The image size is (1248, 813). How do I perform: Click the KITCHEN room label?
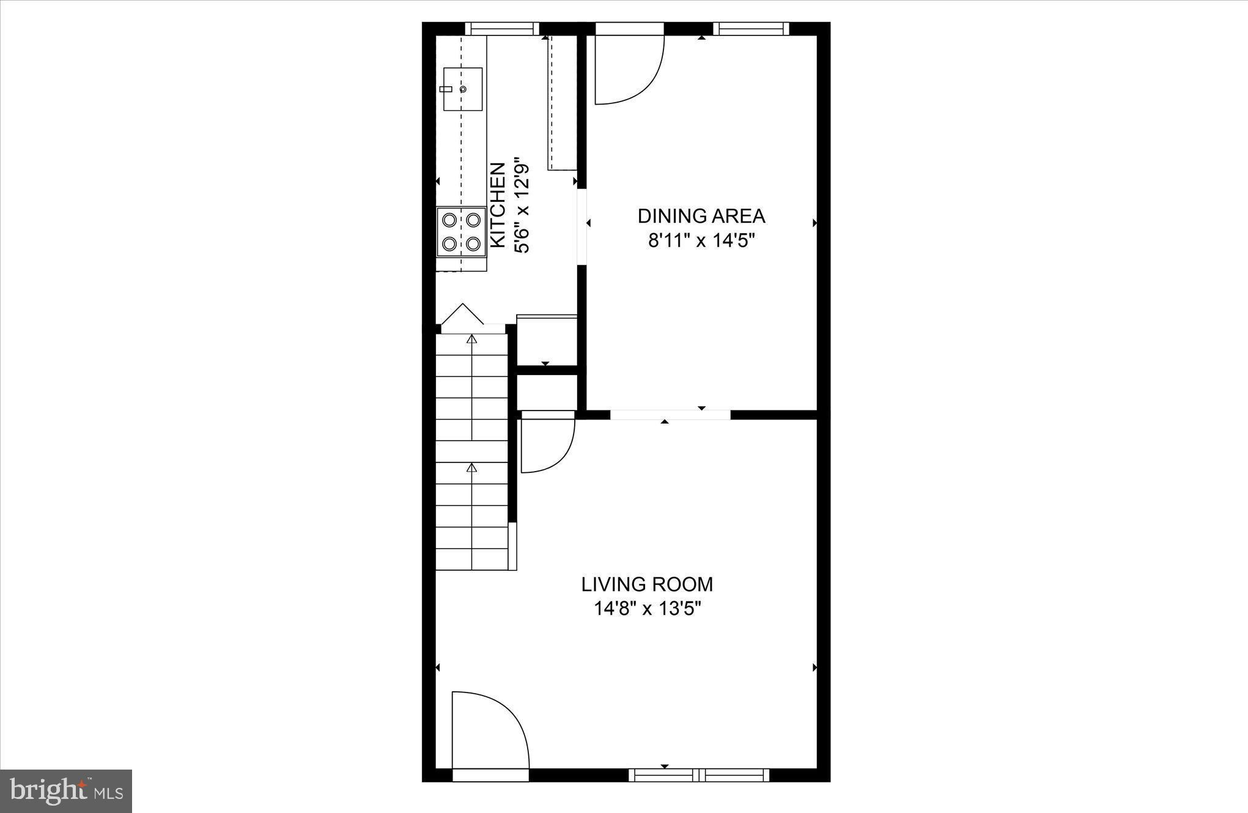click(x=498, y=206)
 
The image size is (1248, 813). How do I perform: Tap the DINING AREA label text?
click(x=701, y=216)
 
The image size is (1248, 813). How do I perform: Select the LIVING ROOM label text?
click(x=647, y=584)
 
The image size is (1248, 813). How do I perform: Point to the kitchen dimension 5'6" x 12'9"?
click(x=522, y=208)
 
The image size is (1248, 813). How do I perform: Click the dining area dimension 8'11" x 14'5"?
click(x=702, y=241)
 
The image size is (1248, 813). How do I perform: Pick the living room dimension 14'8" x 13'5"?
click(x=647, y=609)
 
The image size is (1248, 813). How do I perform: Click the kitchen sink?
click(x=463, y=89)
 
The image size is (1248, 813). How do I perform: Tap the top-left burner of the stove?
click(x=449, y=219)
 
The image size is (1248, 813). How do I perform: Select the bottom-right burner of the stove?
click(x=473, y=243)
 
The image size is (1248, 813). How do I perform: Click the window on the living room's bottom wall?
click(x=699, y=775)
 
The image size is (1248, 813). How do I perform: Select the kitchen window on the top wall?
click(x=502, y=28)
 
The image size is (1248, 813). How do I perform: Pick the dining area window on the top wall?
click(x=751, y=28)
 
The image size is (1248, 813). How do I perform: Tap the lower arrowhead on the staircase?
click(x=471, y=467)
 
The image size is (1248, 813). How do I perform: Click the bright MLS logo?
click(x=66, y=791)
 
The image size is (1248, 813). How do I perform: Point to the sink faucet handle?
click(x=446, y=89)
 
